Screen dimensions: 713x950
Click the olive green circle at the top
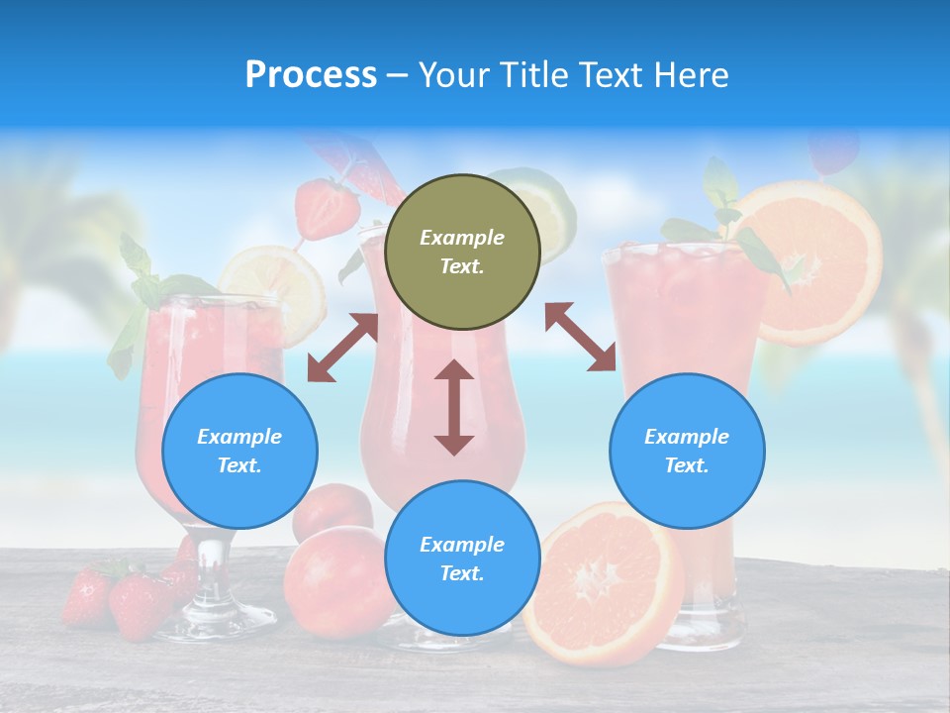[x=462, y=253]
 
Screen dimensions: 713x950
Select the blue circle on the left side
[x=239, y=452]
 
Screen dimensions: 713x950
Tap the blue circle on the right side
[x=687, y=452]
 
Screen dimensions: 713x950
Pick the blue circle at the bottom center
[x=462, y=559]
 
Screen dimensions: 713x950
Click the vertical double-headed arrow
[x=454, y=407]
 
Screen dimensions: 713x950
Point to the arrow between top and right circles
[x=581, y=337]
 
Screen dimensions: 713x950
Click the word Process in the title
[x=311, y=75]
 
